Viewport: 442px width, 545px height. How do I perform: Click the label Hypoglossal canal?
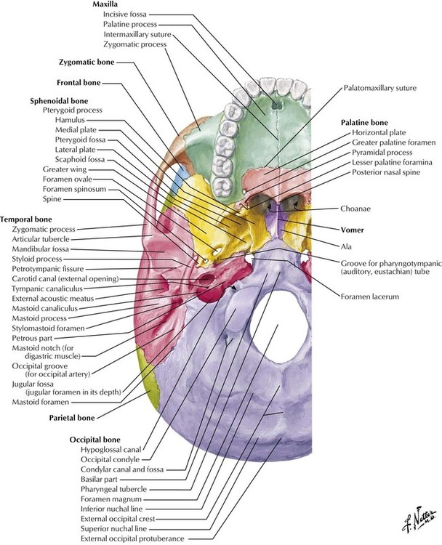103,450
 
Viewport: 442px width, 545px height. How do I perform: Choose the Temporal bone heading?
25,219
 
